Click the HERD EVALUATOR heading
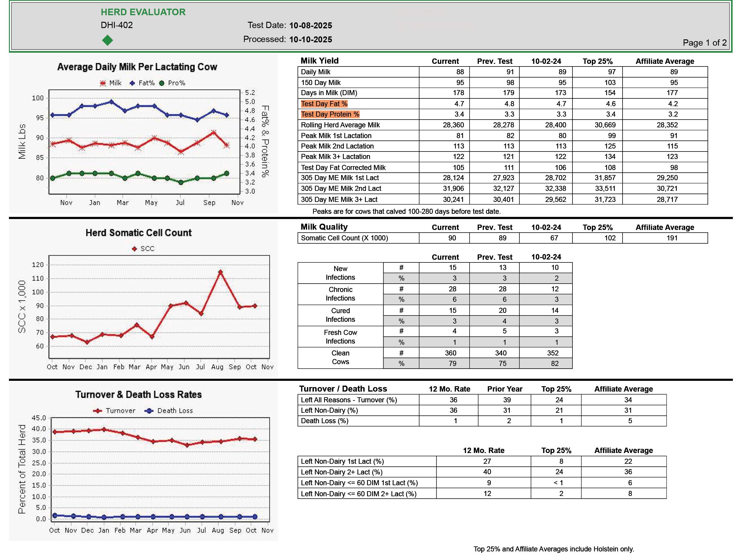(143, 12)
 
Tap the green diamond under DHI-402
(108, 40)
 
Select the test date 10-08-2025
(310, 26)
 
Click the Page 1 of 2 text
(704, 43)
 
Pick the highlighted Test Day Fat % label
(324, 104)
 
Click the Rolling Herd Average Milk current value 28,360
(453, 125)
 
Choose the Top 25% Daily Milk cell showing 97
(612, 72)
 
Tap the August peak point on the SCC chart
(220, 272)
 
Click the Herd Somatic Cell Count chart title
(138, 233)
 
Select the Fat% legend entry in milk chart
(143, 83)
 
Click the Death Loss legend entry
(170, 411)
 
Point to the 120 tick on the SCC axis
(38, 265)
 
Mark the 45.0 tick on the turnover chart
(39, 418)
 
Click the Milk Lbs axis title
(22, 141)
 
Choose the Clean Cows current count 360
(451, 353)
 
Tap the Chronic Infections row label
(340, 294)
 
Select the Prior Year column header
(504, 389)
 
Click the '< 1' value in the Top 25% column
(558, 483)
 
